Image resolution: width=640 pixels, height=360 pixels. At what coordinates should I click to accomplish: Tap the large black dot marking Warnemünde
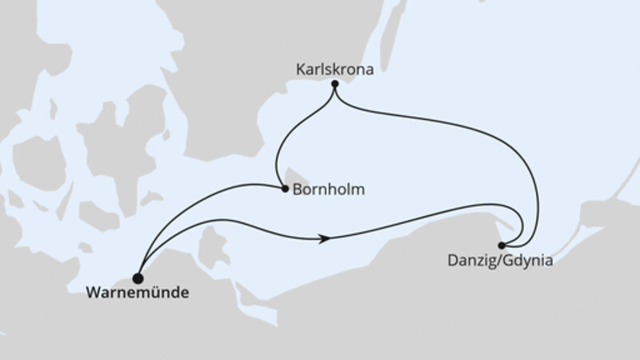pos(138,278)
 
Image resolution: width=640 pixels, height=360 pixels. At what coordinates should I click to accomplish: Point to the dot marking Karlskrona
pos(334,82)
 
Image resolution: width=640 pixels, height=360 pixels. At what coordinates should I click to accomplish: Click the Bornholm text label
pos(330,190)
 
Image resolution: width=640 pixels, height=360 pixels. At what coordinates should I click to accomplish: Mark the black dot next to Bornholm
pos(285,190)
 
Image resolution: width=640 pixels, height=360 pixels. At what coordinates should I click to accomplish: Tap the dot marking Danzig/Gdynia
pos(502,245)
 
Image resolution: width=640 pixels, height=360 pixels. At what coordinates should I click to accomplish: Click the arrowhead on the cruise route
pos(324,238)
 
